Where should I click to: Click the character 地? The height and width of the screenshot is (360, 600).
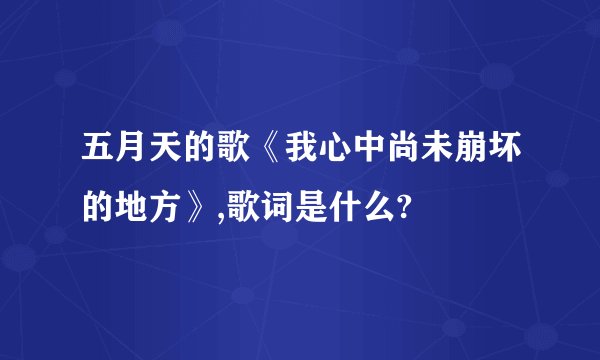(130, 209)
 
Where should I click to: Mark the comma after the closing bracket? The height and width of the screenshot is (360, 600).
(215, 216)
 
